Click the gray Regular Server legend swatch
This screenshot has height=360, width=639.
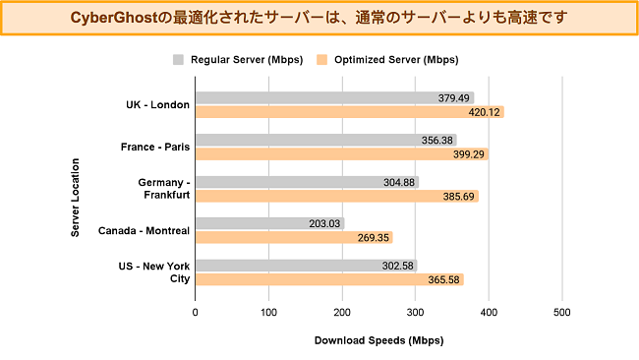[x=178, y=59]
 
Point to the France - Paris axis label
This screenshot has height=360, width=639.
[x=155, y=147]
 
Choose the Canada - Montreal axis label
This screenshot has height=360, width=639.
[x=145, y=231]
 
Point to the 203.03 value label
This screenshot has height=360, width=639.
[x=323, y=223]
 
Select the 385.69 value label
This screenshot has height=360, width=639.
[x=457, y=196]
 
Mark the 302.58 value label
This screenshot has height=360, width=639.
[x=396, y=266]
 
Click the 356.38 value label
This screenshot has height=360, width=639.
[x=436, y=140]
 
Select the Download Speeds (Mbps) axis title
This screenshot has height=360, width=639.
[x=378, y=341]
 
